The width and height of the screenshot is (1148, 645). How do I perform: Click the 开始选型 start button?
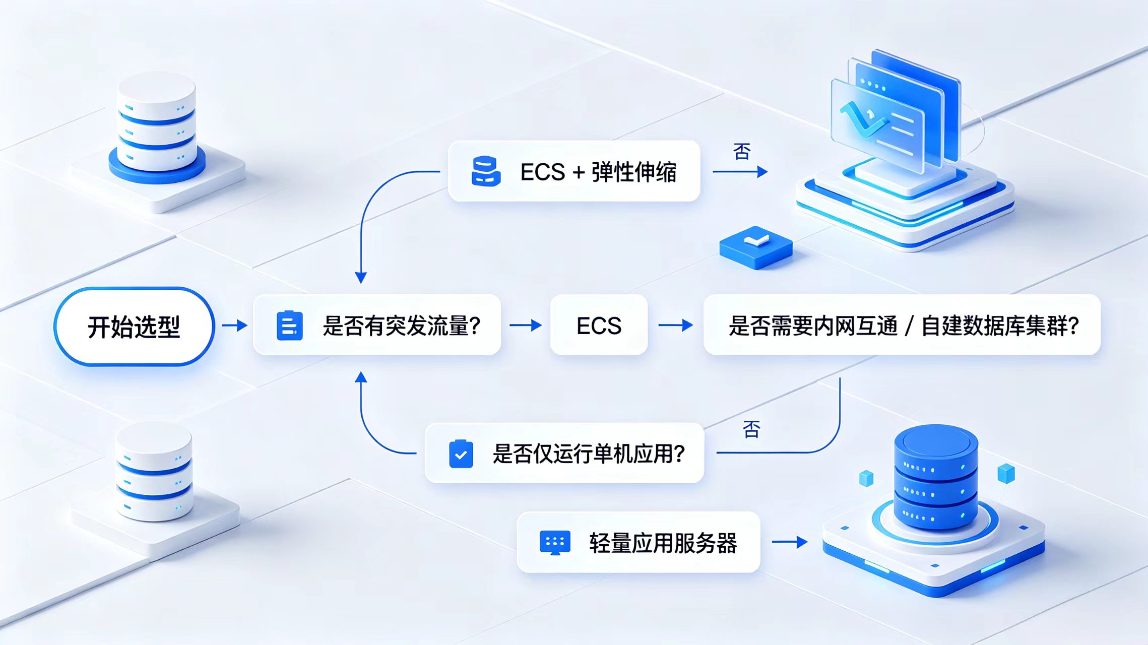click(x=134, y=326)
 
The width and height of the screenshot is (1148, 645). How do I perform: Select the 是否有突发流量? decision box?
click(x=377, y=325)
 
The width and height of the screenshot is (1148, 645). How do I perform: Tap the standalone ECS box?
click(x=599, y=325)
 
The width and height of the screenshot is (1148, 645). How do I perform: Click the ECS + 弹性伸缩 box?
click(x=574, y=171)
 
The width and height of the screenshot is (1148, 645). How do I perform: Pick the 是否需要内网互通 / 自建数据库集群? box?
click(x=902, y=325)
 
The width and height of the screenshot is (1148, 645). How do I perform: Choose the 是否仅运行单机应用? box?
click(x=564, y=453)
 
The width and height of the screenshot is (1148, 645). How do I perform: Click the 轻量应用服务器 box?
click(x=639, y=542)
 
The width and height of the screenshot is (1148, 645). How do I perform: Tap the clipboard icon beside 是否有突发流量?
click(x=290, y=326)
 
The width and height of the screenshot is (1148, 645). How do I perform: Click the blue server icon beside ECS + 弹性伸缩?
click(x=486, y=171)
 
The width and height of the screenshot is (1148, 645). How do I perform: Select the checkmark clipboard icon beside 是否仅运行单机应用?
click(x=461, y=454)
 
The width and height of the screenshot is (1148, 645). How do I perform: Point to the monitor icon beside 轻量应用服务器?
click(x=555, y=543)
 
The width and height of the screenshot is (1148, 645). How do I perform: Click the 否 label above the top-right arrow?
click(x=742, y=151)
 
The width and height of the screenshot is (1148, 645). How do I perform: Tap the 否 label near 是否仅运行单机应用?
click(x=751, y=429)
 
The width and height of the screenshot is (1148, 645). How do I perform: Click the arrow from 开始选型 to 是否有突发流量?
click(x=235, y=326)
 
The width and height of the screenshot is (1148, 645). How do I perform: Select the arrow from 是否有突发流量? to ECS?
click(x=526, y=326)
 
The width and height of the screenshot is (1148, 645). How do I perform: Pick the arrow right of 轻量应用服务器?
click(x=790, y=542)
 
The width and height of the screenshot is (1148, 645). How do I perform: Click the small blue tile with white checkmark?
click(x=756, y=247)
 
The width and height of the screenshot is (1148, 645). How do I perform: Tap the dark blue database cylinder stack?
click(x=936, y=476)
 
